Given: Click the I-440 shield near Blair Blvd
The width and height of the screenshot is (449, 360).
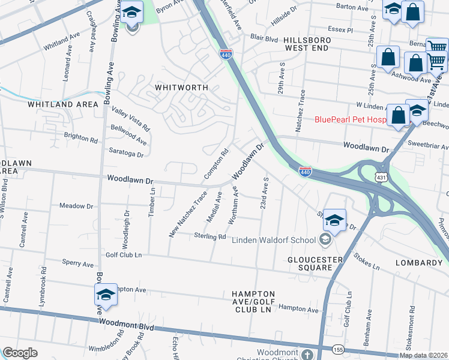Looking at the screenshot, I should [x=226, y=55].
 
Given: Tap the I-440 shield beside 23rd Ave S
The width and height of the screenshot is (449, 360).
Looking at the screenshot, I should [x=305, y=172].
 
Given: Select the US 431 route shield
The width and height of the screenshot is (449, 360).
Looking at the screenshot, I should [x=379, y=178].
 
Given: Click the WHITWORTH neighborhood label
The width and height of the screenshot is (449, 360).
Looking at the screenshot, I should [x=181, y=87].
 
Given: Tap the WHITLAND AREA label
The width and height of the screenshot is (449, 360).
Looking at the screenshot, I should [x=62, y=104].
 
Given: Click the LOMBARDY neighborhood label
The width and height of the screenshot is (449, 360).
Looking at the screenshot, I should [x=419, y=263].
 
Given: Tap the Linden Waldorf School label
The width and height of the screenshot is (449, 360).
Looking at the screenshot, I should [x=274, y=241].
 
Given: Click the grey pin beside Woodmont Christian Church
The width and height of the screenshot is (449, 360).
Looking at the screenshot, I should [x=307, y=354].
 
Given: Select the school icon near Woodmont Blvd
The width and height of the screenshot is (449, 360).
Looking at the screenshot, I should [x=106, y=296].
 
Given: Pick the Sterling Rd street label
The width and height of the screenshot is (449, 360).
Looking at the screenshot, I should [x=209, y=237].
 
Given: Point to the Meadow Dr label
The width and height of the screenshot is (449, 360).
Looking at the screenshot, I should [x=76, y=206].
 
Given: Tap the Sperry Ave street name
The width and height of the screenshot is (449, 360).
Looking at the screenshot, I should [x=79, y=263].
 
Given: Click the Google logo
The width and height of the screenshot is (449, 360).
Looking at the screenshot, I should [x=20, y=353].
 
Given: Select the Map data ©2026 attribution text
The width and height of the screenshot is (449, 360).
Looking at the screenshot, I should [x=423, y=355].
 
